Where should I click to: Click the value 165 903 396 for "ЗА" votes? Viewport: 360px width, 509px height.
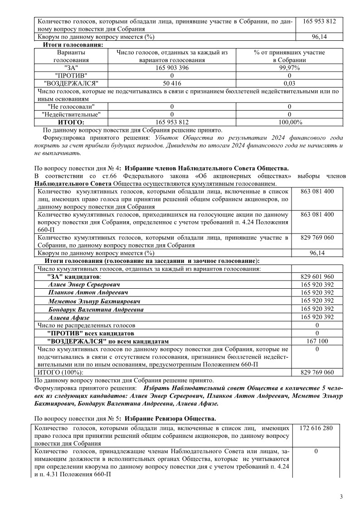click(172, 68)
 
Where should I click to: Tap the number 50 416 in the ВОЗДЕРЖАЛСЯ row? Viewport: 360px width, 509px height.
click(172, 83)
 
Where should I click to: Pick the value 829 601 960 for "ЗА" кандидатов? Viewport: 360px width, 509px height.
click(317, 276)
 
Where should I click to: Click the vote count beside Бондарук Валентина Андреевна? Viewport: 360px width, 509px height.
click(317, 309)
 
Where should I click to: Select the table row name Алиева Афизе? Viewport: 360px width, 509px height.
click(69, 317)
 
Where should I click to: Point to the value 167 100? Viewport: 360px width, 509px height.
click(317, 341)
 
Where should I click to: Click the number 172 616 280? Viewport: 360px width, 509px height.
click(317, 428)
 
